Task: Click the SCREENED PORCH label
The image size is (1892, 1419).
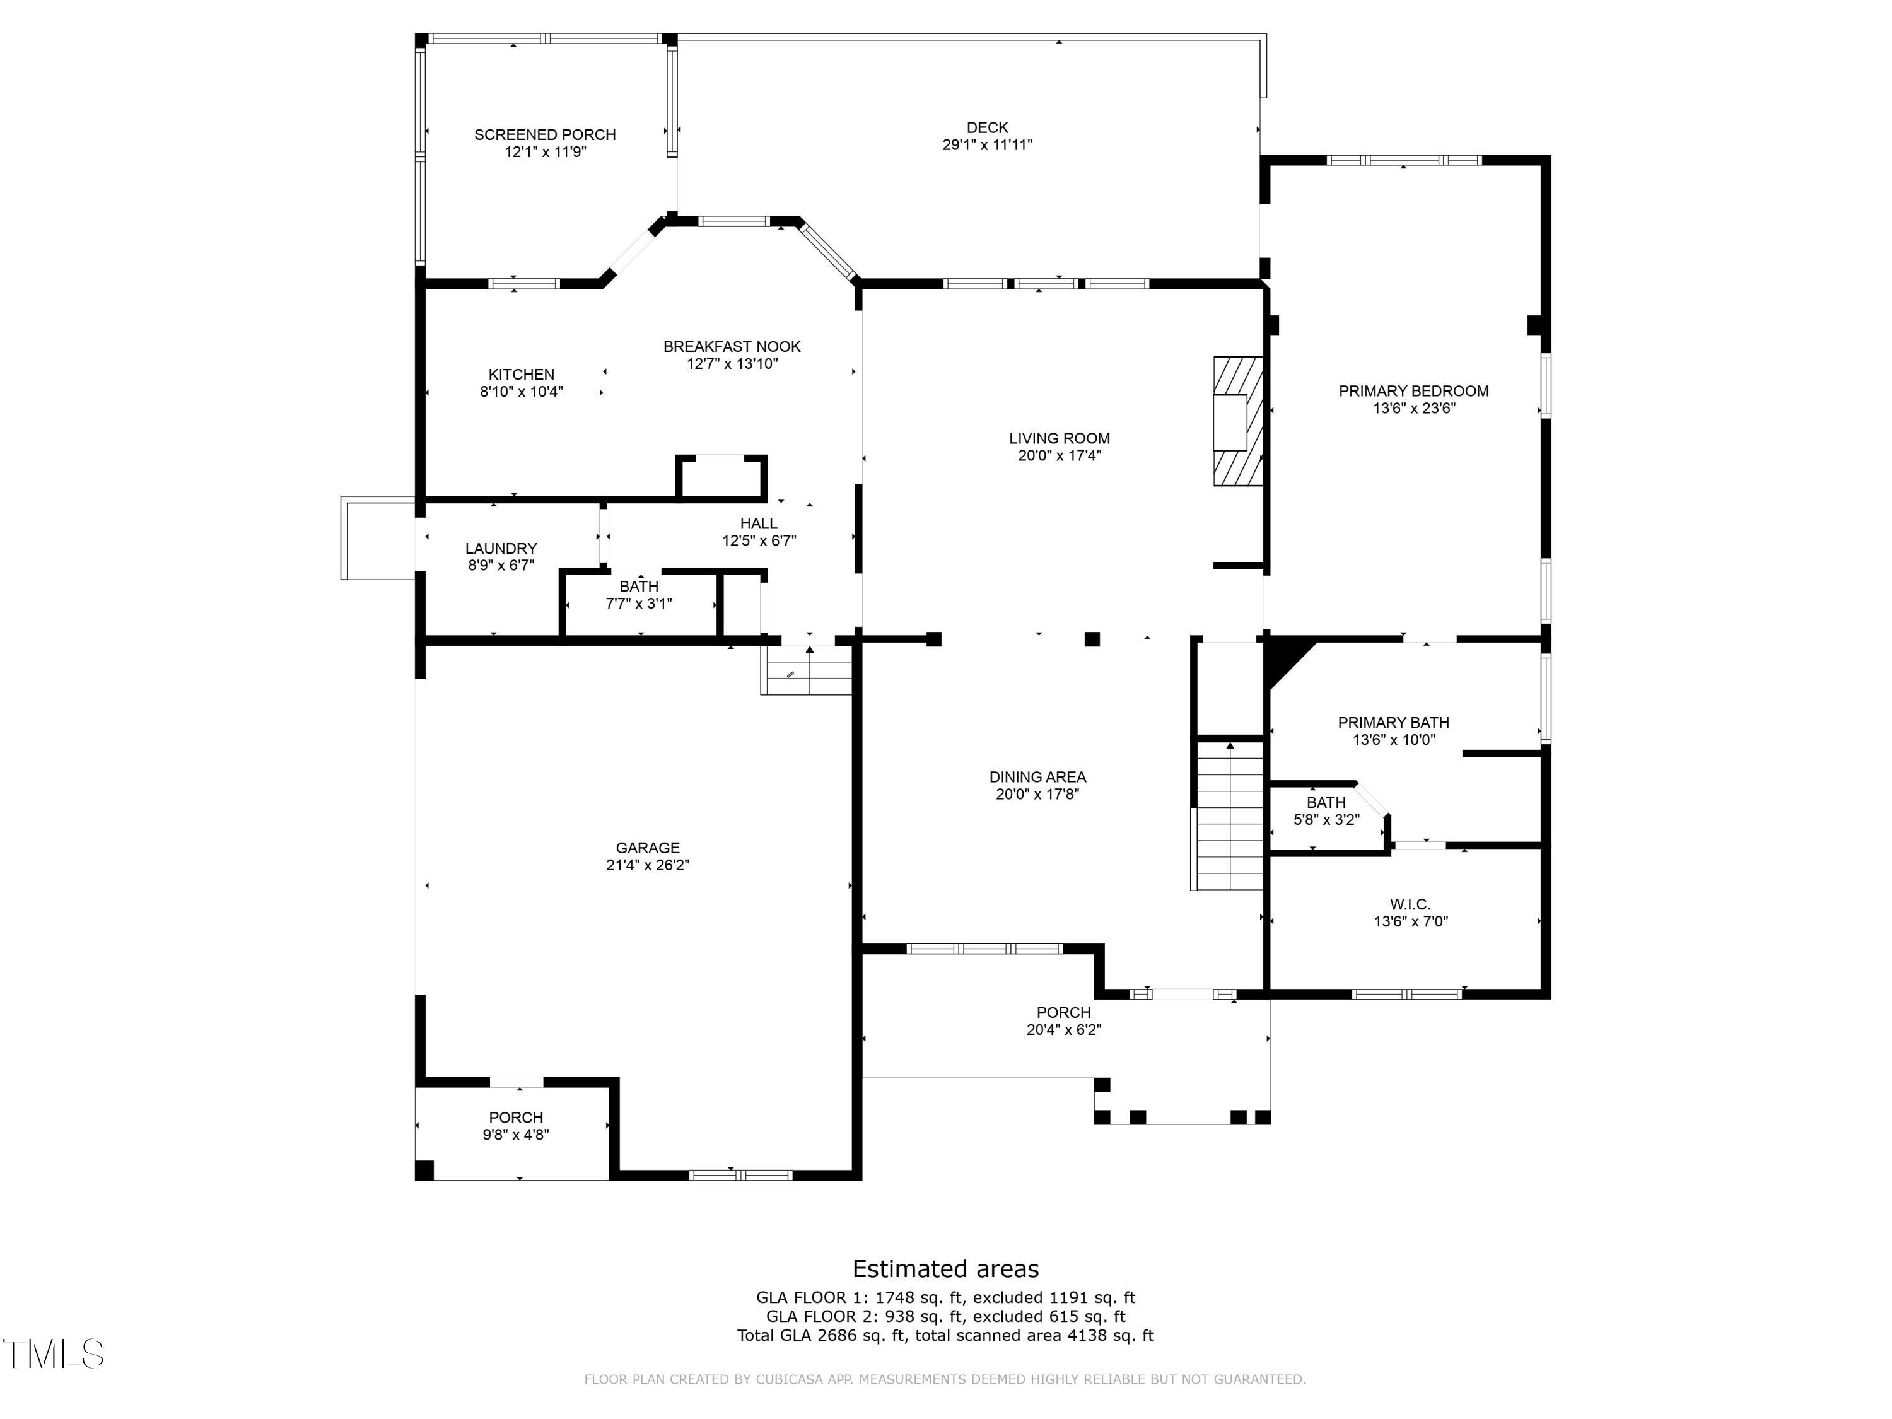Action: [545, 134]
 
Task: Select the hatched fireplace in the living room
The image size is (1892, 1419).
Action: [1237, 422]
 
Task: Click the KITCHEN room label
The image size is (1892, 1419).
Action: [521, 375]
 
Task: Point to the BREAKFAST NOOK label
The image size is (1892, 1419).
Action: [732, 346]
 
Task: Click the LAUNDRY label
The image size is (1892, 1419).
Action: [501, 548]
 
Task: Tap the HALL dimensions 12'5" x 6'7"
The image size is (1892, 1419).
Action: [759, 540]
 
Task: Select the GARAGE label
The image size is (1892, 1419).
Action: [648, 848]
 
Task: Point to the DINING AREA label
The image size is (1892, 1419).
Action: [1037, 776]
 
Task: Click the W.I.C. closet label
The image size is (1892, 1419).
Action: [1410, 904]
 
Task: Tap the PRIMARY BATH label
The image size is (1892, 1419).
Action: [1393, 722]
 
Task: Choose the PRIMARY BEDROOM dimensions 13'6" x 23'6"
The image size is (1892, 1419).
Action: [1414, 408]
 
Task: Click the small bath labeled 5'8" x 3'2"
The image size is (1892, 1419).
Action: [1326, 811]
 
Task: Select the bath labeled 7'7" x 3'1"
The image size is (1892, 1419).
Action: [639, 595]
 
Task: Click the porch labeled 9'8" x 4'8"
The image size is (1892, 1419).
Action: [516, 1126]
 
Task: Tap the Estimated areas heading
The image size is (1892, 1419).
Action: [945, 1268]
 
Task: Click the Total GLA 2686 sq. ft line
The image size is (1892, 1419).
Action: [945, 1335]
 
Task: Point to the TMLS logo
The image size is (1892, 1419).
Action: [53, 1354]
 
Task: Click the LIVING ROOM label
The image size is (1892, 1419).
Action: [1059, 438]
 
